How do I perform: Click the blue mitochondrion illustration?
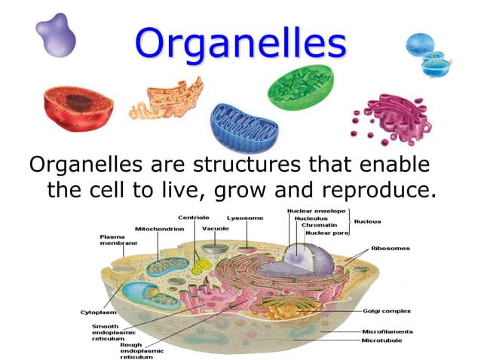point(244,125)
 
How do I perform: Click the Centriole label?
point(193,218)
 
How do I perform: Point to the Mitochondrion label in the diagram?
point(159,229)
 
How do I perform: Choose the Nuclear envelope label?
point(316,211)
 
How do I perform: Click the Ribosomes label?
point(391,248)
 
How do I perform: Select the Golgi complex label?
point(386,310)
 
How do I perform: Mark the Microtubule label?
point(381,340)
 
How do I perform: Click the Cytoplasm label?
point(98,312)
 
